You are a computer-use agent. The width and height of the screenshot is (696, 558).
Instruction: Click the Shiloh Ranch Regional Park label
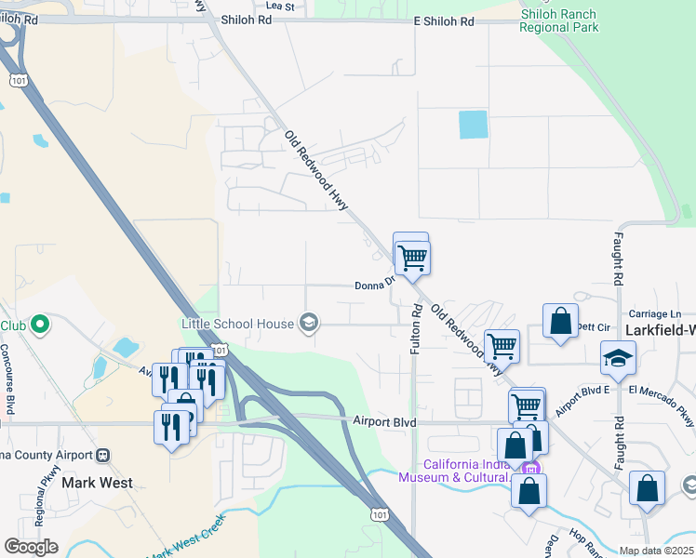pos(559,19)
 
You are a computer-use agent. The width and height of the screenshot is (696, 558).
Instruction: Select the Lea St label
pos(279,6)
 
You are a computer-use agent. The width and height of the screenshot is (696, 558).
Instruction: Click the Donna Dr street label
pos(376,286)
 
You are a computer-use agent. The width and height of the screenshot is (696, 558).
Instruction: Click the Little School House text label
pos(236,324)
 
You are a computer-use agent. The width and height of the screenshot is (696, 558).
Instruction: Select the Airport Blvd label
pos(381,420)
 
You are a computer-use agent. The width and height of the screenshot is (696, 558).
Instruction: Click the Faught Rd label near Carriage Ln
pos(616,259)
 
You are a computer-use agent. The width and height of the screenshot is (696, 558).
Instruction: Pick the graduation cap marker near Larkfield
pos(616,357)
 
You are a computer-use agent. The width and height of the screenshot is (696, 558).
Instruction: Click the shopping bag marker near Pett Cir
pos(560,322)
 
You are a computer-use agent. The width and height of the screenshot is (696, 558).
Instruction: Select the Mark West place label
pos(96,483)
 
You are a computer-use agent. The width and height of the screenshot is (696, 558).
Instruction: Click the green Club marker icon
pos(39,325)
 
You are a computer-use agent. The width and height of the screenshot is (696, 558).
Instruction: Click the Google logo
pos(31,547)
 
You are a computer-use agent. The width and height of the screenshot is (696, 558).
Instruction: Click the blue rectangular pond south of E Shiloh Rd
pos(473,125)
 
